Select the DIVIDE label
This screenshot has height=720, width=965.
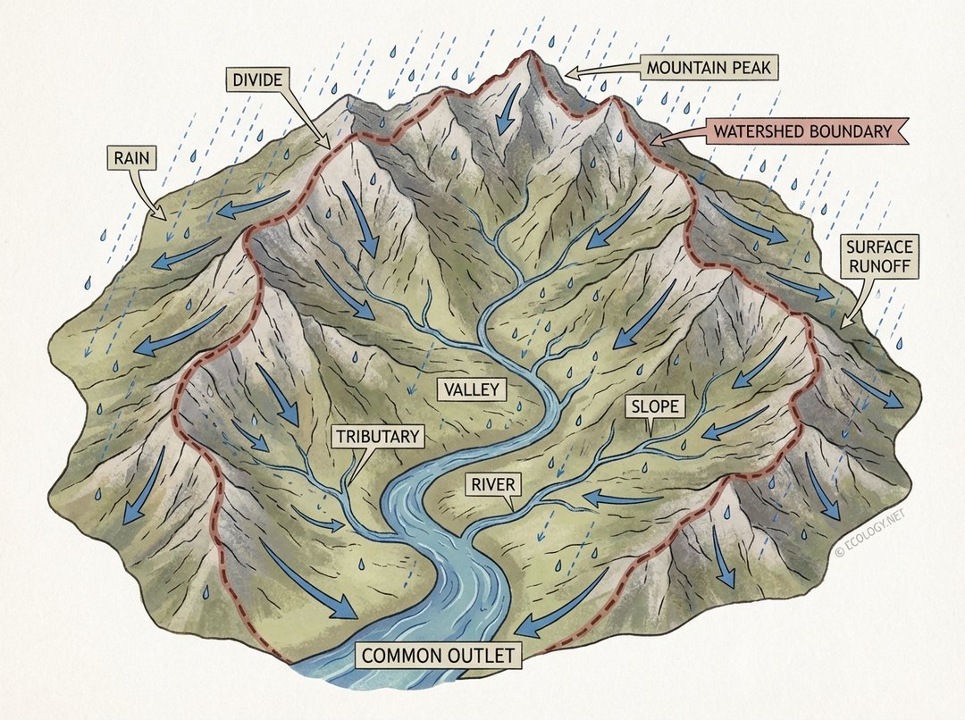tap(257, 80)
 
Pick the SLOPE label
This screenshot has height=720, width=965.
tap(657, 407)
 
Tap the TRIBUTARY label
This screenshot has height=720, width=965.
tap(376, 437)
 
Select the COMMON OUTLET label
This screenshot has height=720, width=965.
tap(439, 657)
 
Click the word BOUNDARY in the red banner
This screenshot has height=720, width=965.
tap(844, 131)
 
